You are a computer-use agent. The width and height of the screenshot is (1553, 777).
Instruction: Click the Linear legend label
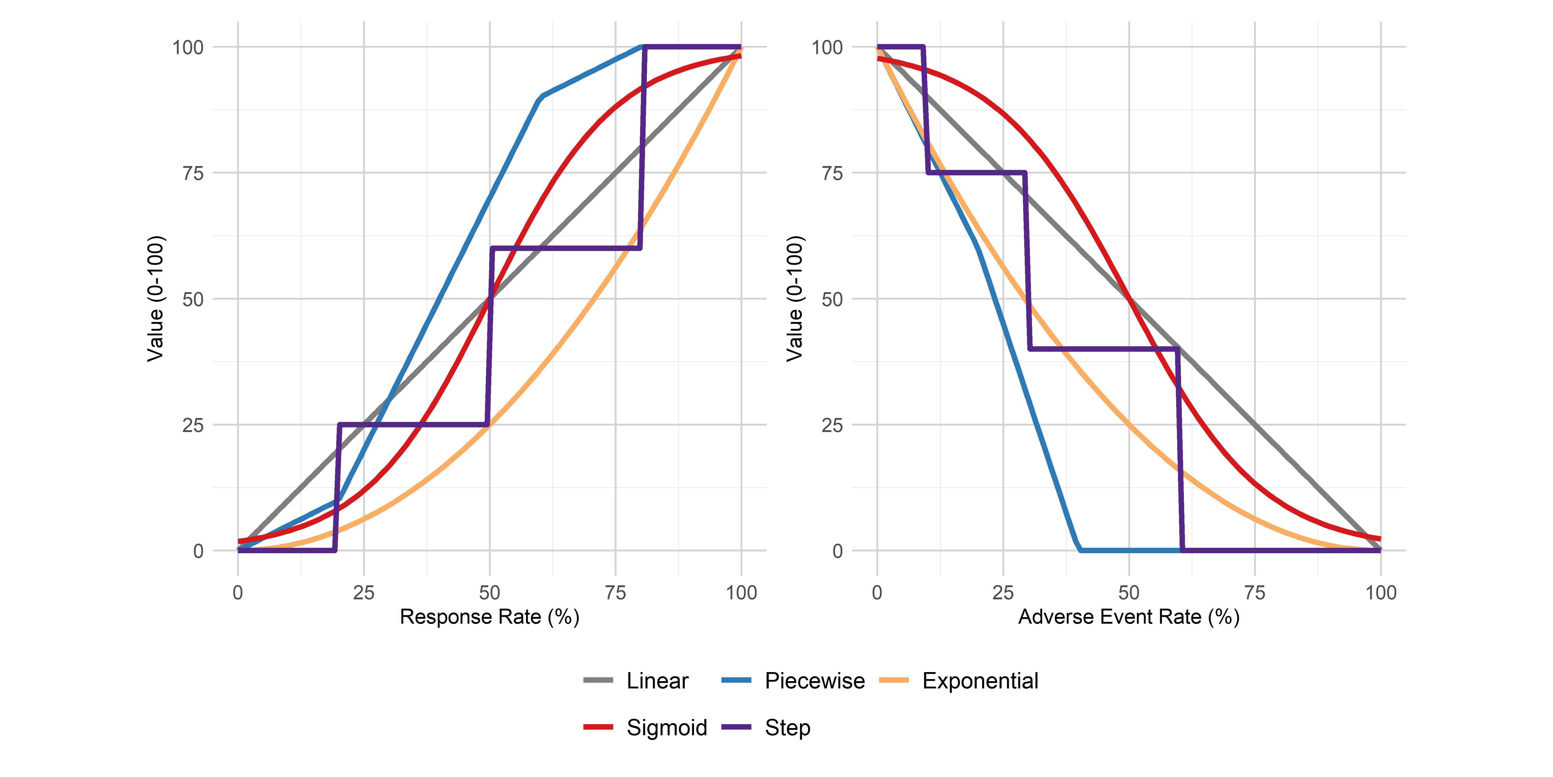657,680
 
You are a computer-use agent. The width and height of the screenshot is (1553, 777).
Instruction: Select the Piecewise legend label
815,680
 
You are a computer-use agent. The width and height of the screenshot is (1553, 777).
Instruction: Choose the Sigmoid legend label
666,728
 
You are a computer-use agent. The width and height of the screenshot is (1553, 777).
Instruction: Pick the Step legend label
787,728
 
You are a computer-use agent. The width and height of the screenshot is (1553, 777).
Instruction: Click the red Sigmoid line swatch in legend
598,727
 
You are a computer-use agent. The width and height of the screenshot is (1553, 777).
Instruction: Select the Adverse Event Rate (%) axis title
1129,616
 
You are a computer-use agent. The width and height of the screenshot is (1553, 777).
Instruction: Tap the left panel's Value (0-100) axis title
156,299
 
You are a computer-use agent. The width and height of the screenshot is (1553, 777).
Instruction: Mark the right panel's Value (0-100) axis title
795,299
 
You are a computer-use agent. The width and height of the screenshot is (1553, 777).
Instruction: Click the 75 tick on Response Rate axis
616,592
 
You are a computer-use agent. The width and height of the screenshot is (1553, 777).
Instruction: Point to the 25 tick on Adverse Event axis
1003,592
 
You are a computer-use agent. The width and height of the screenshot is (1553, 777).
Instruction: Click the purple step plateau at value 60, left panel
567,248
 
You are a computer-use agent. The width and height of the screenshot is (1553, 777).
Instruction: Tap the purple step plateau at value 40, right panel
1103,349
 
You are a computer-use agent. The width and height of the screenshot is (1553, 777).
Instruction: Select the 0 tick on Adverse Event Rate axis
877,592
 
